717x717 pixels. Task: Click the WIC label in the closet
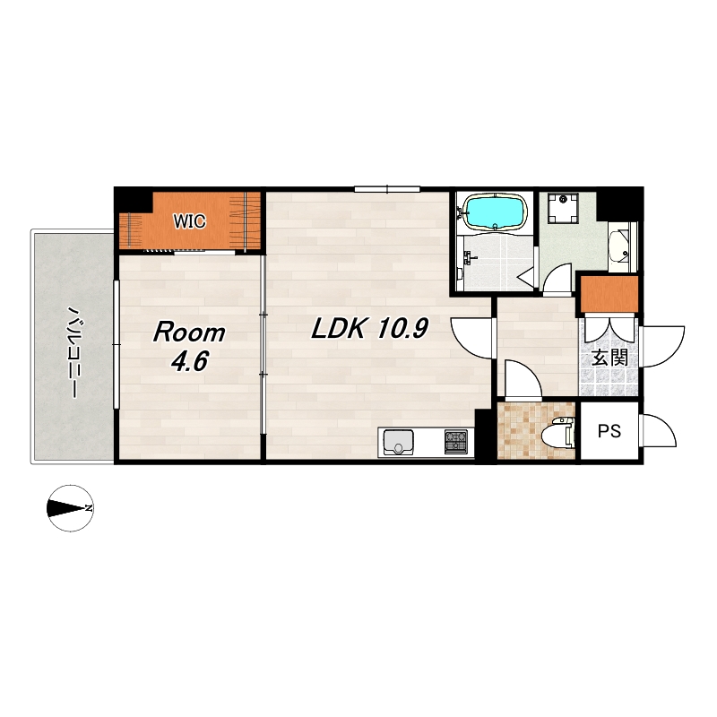pyautogui.click(x=189, y=221)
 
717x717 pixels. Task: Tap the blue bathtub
pyautogui.click(x=496, y=212)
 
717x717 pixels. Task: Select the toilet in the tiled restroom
pyautogui.click(x=557, y=431)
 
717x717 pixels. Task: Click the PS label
pyautogui.click(x=609, y=431)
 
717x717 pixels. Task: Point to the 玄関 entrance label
pyautogui.click(x=609, y=358)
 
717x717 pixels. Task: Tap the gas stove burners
pyautogui.click(x=456, y=442)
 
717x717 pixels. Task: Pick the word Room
pyautogui.click(x=189, y=333)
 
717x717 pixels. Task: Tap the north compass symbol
pyautogui.click(x=71, y=507)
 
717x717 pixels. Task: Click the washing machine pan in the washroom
pyautogui.click(x=562, y=208)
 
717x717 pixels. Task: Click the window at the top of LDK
pyautogui.click(x=387, y=188)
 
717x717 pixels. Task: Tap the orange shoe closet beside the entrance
pyautogui.click(x=609, y=295)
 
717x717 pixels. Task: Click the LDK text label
pyautogui.click(x=340, y=328)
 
